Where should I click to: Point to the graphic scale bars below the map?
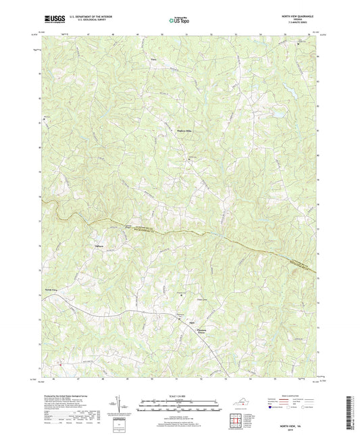coord(180,407)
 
